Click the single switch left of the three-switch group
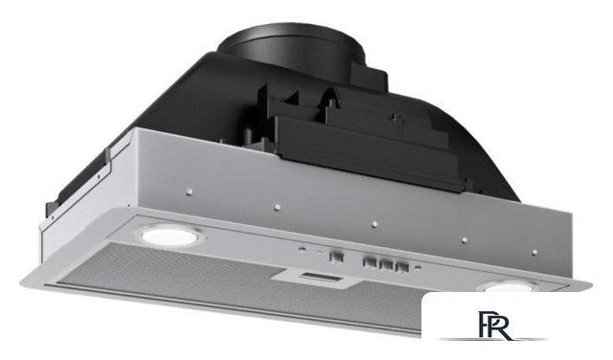pos(336,257)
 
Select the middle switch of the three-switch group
pos(386,264)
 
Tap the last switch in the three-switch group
pos(402,267)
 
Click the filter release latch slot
pos(321,278)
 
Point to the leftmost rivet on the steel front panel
pos(190,191)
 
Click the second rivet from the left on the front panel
pos(277,207)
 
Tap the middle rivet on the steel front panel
pos(375,224)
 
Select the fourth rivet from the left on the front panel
pos(464,240)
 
